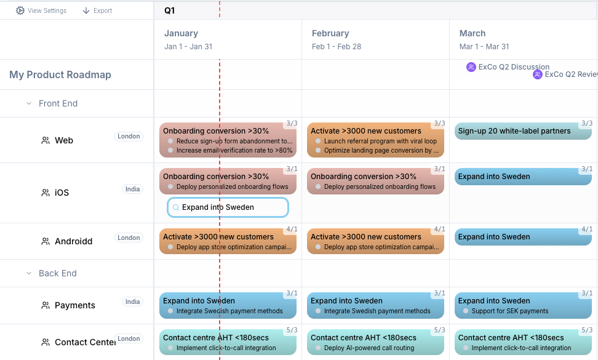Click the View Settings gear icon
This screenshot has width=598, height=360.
point(20,10)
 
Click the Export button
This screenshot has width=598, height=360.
point(97,10)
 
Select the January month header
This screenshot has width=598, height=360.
point(181,33)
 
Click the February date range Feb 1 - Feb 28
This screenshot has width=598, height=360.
point(337,47)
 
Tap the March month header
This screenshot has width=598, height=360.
point(472,33)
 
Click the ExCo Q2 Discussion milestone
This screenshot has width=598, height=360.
point(508,67)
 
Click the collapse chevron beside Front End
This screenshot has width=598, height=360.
point(29,103)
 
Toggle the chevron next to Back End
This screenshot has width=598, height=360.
point(29,273)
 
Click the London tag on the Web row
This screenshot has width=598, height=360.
point(129,137)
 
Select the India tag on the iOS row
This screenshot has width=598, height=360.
point(132,189)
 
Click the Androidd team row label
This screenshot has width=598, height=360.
point(73,241)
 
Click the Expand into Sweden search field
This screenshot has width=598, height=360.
point(228,207)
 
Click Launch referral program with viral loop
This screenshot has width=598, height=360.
point(380,141)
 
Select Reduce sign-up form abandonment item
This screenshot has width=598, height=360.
point(234,141)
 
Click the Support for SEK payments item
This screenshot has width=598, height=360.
point(509,311)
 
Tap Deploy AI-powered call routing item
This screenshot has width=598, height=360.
point(369,348)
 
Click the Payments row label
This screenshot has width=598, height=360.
point(74,305)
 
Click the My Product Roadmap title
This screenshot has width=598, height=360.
point(60,75)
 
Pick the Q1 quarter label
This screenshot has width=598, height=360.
point(169,10)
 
